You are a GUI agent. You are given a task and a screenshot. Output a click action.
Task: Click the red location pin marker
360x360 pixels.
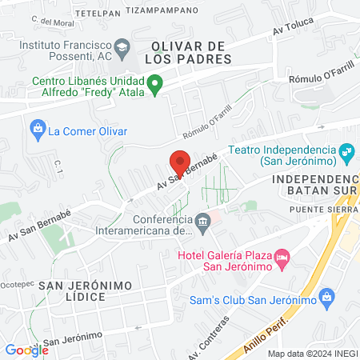pos(180,162)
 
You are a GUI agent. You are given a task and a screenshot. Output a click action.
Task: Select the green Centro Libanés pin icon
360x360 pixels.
pos(157,82)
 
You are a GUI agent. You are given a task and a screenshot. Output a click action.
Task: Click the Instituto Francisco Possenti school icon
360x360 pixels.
pos(122,46)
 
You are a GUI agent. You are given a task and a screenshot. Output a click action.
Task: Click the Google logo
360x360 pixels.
pos(26,350)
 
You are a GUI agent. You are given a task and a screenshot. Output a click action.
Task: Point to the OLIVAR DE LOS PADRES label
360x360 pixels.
pos(190,52)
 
